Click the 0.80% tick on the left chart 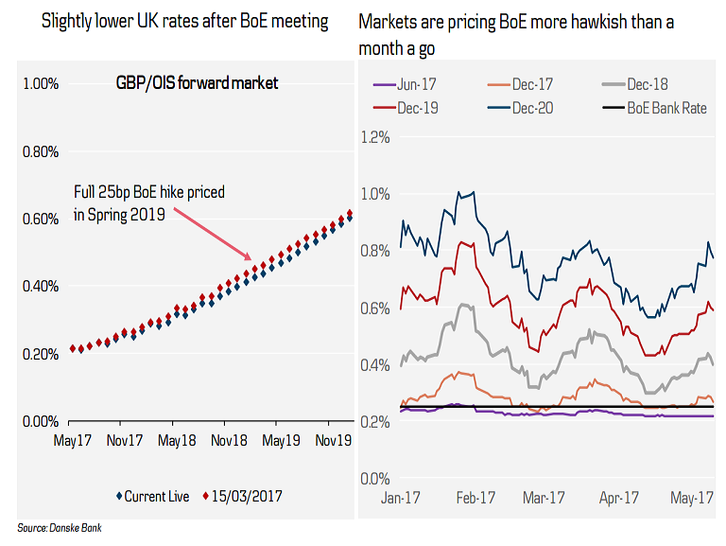(x=39, y=151)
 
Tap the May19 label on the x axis (x=280, y=441)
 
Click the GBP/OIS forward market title (x=197, y=84)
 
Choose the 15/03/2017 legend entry (x=243, y=496)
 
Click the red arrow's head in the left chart (x=249, y=256)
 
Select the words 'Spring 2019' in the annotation (x=131, y=215)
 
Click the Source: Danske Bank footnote (x=59, y=528)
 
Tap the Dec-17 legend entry (x=528, y=85)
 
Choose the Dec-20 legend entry (x=529, y=107)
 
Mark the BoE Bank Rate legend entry (x=666, y=107)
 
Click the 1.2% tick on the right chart (x=374, y=137)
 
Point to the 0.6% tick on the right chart (x=374, y=308)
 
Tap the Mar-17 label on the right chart (x=544, y=498)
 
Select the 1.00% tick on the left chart (x=39, y=84)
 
